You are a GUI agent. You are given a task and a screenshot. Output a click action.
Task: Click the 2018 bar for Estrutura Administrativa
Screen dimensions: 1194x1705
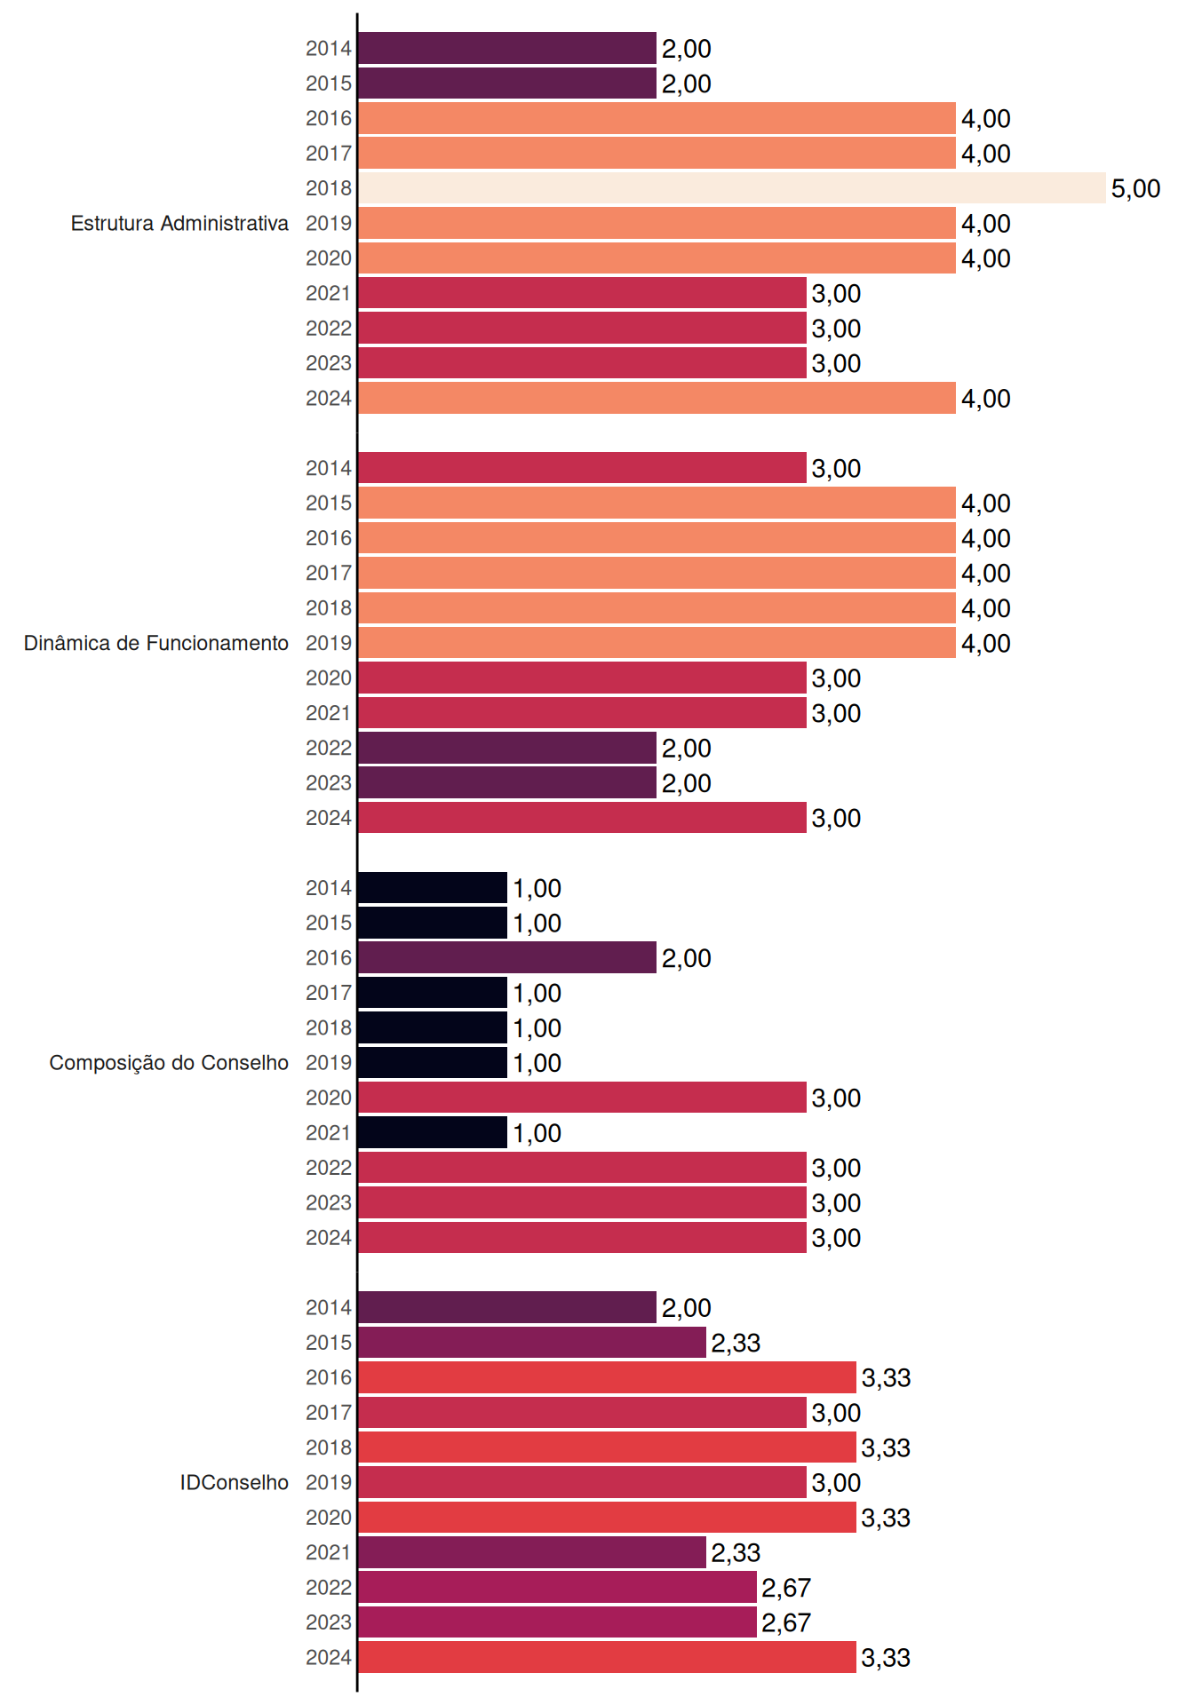coord(732,188)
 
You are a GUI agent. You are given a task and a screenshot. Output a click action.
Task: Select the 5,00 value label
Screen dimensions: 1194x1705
coord(1135,188)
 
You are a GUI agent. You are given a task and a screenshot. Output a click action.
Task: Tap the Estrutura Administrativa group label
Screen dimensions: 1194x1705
coord(179,223)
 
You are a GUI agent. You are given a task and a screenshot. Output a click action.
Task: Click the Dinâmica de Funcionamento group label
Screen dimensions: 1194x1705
coord(156,643)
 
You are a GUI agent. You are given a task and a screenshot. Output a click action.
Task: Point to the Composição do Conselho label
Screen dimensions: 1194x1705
coord(169,1063)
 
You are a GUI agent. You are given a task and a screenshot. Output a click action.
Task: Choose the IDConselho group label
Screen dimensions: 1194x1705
coord(235,1482)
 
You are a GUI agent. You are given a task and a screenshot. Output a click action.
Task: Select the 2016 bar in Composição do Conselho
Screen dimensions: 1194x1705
coord(507,957)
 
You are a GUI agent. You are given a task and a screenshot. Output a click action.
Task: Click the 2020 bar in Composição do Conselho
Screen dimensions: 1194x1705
coord(582,1098)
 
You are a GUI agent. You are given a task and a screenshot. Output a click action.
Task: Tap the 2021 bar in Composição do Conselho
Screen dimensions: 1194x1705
coord(433,1132)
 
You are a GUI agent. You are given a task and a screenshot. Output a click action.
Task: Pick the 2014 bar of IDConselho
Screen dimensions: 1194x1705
coord(507,1307)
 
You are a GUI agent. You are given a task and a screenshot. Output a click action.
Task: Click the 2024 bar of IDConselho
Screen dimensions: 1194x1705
coord(607,1657)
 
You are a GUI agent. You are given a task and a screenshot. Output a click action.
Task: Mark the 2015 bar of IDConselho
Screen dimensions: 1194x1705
coord(532,1343)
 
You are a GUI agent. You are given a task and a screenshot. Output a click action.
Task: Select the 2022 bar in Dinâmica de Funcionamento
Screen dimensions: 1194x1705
coord(507,748)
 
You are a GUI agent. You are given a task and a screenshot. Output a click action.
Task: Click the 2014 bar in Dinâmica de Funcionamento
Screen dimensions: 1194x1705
coord(582,468)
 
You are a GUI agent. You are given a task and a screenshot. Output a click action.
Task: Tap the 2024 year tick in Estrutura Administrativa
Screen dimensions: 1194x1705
coord(329,399)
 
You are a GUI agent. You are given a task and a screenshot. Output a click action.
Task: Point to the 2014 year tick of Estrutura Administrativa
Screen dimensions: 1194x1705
coord(329,49)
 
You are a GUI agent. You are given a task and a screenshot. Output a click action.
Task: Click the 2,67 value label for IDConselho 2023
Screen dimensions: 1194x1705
coord(786,1622)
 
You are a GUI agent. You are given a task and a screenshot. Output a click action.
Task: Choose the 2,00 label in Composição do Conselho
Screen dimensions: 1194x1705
coord(686,958)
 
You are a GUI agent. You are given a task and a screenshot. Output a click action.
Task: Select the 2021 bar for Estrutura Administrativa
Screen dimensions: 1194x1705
coord(582,293)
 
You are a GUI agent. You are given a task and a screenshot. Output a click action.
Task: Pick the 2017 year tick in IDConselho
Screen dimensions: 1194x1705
coord(329,1413)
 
